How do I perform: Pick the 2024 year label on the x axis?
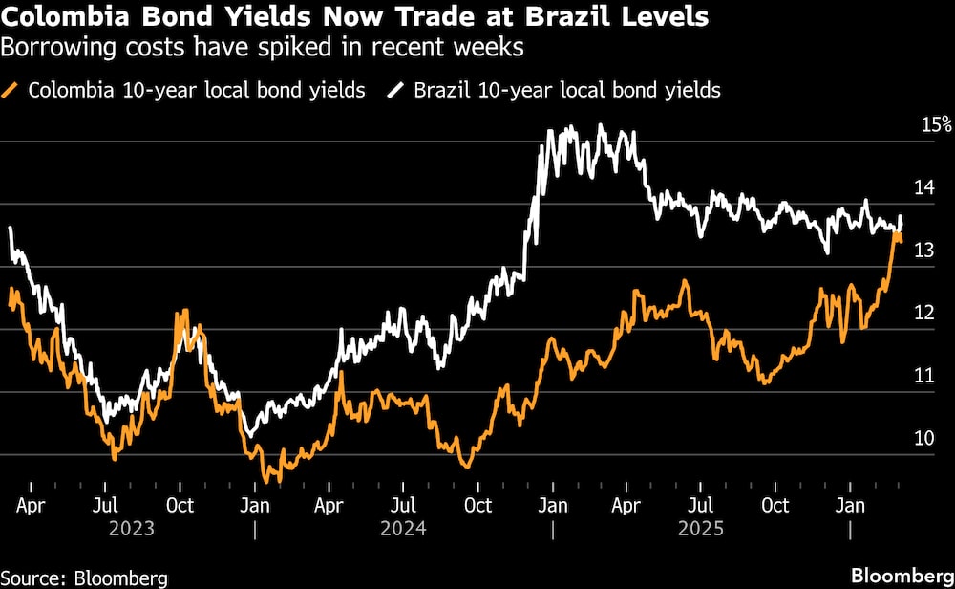(x=404, y=528)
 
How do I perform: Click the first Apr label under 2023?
(x=32, y=504)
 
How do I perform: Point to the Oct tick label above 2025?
(x=776, y=504)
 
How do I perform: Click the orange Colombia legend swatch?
(x=12, y=92)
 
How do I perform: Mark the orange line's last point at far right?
(x=900, y=241)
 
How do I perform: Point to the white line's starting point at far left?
(x=10, y=228)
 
